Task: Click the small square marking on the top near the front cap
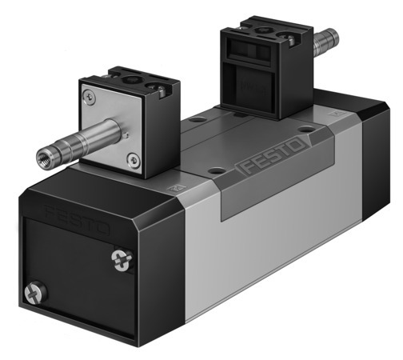click(x=169, y=189)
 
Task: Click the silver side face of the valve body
click(x=264, y=240)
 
